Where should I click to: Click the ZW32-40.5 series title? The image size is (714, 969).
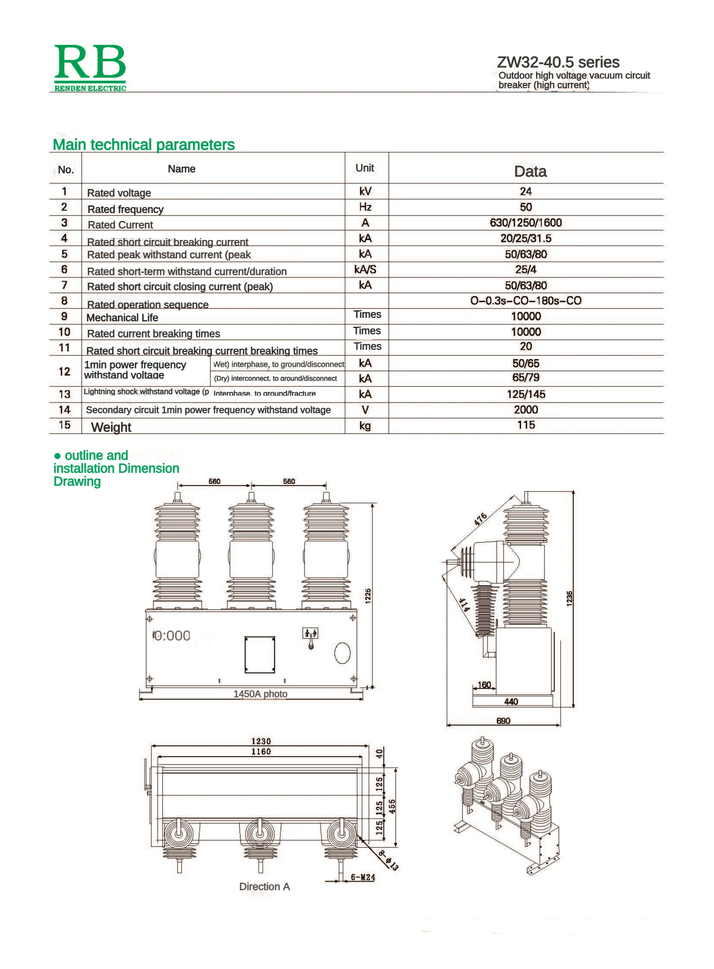pos(558,62)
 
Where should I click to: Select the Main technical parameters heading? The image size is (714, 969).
pos(143,145)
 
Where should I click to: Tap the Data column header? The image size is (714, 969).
pos(530,172)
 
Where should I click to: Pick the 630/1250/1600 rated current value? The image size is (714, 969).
pos(525,223)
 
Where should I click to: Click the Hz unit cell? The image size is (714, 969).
pos(365,207)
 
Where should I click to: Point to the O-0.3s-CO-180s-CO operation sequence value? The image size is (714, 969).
pos(525,300)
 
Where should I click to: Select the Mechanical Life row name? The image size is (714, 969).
pos(122,318)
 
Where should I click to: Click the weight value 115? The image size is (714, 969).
pos(525,425)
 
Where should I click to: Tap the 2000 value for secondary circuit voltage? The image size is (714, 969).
pos(525,409)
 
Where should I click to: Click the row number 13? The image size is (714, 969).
pos(64,394)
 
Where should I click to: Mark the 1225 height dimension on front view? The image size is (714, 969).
pos(368,596)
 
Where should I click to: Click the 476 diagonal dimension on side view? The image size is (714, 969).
pos(480,519)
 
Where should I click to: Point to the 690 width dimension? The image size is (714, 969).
pos(503,720)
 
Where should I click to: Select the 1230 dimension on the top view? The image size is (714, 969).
pos(261,741)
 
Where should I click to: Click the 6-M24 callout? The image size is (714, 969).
pos(363,877)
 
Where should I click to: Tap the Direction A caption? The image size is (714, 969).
pos(265,887)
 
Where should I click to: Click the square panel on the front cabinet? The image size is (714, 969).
pos(260,654)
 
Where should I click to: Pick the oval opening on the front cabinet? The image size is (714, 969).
pos(342,653)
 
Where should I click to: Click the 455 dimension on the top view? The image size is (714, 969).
pos(392,806)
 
